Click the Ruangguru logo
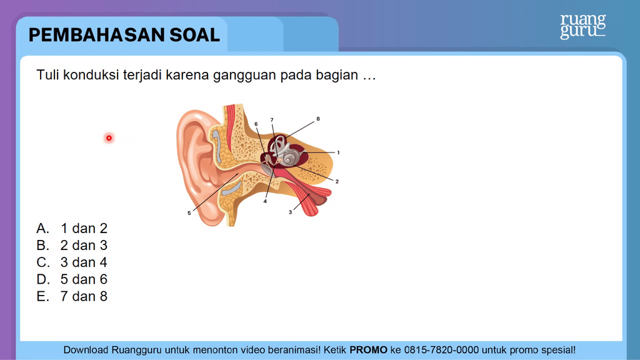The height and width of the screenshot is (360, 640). click(582, 26)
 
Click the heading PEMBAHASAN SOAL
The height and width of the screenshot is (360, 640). click(124, 35)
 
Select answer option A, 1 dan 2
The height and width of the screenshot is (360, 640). click(72, 229)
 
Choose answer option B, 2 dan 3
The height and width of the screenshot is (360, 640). click(72, 246)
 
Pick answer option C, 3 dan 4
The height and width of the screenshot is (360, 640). click(72, 262)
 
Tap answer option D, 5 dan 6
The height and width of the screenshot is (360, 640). click(72, 279)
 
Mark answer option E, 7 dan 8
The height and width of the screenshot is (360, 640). click(72, 296)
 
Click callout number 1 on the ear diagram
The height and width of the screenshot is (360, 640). click(338, 152)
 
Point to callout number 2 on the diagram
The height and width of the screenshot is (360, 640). click(337, 182)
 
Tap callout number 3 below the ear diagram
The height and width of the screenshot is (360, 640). click(290, 212)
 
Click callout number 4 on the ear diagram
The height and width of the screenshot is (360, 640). click(265, 201)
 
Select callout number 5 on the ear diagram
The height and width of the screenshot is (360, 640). click(189, 213)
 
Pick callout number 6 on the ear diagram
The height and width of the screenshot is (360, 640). click(256, 124)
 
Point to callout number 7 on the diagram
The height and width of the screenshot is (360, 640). click(272, 119)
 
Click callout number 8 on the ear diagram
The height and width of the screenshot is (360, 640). click(317, 119)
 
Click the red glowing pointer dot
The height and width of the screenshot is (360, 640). click(109, 137)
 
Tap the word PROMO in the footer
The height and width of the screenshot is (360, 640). click(368, 350)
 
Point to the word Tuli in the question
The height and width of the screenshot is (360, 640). click(47, 76)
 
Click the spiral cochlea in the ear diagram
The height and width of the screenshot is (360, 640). click(289, 158)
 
